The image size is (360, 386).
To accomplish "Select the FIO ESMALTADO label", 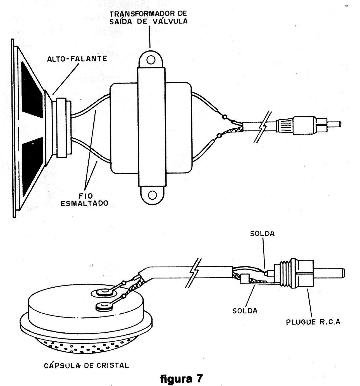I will coord(84,199).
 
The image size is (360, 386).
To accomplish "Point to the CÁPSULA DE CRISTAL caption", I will coord(86,365).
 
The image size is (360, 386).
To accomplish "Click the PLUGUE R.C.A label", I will coord(313,322).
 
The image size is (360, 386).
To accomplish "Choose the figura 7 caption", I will coord(180,379).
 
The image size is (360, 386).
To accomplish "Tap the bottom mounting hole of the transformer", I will coord(152,195).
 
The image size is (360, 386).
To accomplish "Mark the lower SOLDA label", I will coord(245,311).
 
